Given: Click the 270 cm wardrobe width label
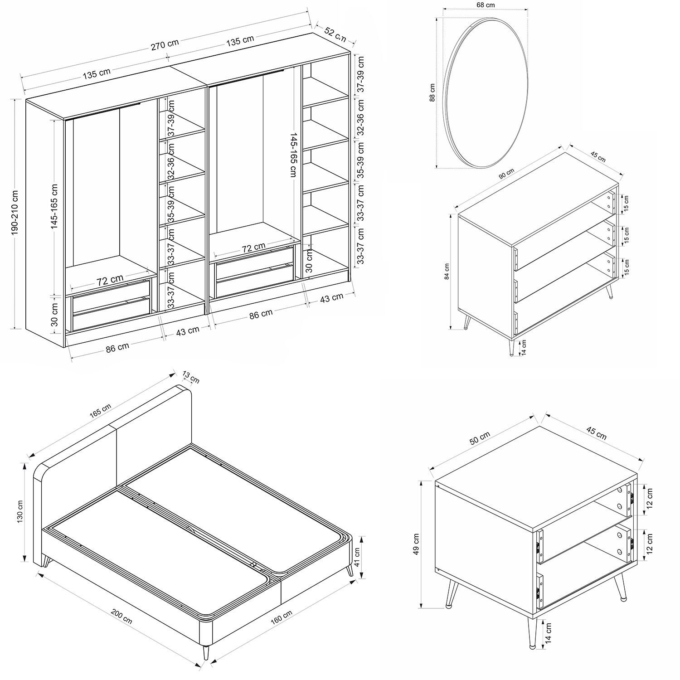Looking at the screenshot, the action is tap(165, 44).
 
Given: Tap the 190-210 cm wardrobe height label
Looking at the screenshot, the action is tap(14, 212).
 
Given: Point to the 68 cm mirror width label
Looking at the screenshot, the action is tap(486, 5).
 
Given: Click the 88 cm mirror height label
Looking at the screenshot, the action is tap(433, 92).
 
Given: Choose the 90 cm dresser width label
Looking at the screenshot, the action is tap(506, 175).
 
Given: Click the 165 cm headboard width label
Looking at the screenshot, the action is tap(101, 409).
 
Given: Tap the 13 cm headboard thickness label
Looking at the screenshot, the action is tap(191, 377).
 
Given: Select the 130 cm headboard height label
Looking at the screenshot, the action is tap(20, 511).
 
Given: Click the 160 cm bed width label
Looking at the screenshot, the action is tap(282, 617).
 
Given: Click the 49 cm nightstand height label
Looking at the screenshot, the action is tap(416, 544).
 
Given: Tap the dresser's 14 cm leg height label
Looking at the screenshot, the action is tap(524, 347).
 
